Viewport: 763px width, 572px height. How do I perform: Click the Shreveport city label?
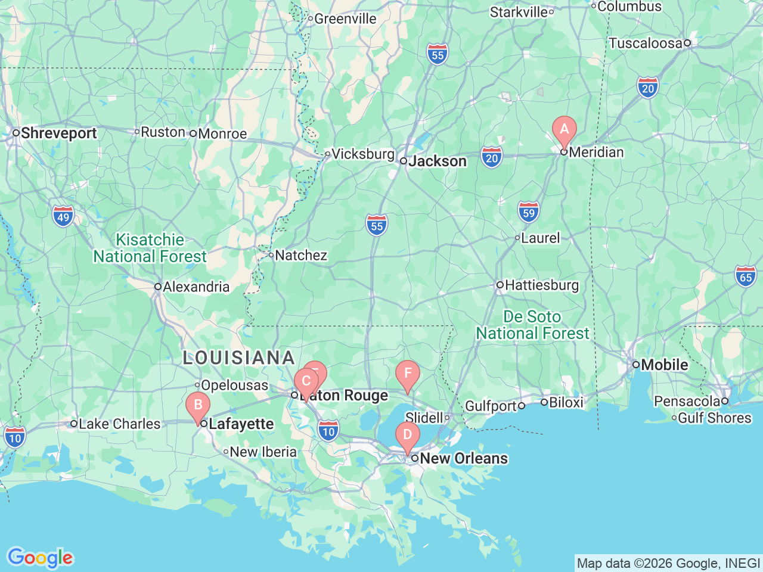[x=58, y=133]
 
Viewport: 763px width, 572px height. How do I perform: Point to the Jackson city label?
[x=437, y=161]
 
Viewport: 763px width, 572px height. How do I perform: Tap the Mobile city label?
[x=664, y=365]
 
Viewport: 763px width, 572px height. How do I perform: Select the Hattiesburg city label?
[x=541, y=285]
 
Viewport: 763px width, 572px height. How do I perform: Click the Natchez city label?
[x=301, y=256]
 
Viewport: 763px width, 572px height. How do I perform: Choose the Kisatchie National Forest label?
[x=150, y=248]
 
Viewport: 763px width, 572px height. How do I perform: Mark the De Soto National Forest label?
[x=532, y=325]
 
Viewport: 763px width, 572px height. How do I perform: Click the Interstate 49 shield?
[x=63, y=217]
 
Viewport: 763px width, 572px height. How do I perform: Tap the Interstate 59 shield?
[x=528, y=213]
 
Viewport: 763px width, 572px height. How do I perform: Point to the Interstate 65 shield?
[x=745, y=276]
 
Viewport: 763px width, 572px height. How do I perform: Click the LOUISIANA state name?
[x=239, y=357]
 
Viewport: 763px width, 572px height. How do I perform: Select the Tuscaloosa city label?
[x=646, y=43]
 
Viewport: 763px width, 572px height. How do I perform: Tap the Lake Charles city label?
[x=119, y=424]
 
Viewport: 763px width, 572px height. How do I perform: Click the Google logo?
[x=40, y=558]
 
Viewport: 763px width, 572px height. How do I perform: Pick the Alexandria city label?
[x=196, y=287]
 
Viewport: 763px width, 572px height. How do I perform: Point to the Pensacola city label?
[x=687, y=402]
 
